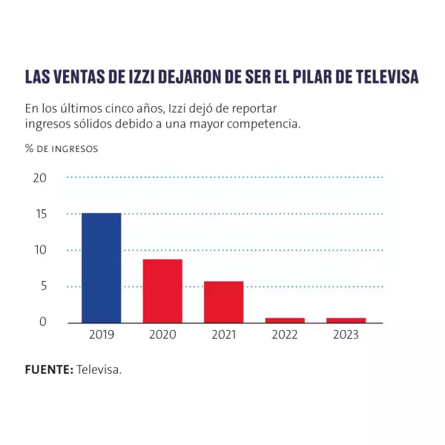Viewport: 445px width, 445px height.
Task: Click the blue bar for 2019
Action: point(101,268)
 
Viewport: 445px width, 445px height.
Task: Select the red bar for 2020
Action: point(162,291)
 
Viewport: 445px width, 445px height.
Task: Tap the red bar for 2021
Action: point(224,302)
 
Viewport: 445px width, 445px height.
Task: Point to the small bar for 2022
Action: point(285,320)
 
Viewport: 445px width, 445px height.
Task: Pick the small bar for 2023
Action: point(346,320)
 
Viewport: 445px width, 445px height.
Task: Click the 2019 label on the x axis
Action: point(101,335)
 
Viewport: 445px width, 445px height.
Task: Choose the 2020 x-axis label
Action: point(162,335)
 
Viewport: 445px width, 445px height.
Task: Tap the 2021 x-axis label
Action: point(224,335)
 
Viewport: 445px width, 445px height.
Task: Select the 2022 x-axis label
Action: point(285,335)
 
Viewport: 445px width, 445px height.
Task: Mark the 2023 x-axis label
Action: point(346,335)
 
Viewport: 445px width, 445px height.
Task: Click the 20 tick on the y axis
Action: point(39,178)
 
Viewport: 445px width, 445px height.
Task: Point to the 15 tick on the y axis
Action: point(39,214)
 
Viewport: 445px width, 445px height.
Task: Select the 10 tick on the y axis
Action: point(39,250)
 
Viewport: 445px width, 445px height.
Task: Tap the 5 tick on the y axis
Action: point(42,286)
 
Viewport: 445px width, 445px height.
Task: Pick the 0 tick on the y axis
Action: point(42,322)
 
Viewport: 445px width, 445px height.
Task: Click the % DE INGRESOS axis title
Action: point(62,148)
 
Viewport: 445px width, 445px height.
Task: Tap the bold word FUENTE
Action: point(49,369)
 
